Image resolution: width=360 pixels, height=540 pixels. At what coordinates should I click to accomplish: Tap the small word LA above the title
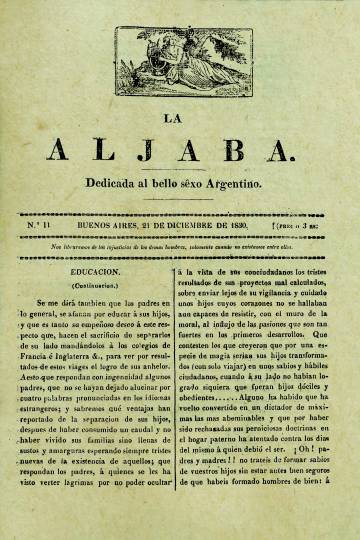180,117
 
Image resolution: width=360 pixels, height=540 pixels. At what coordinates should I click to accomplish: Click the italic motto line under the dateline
180,246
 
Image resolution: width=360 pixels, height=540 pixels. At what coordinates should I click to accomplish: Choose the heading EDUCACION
96,271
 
